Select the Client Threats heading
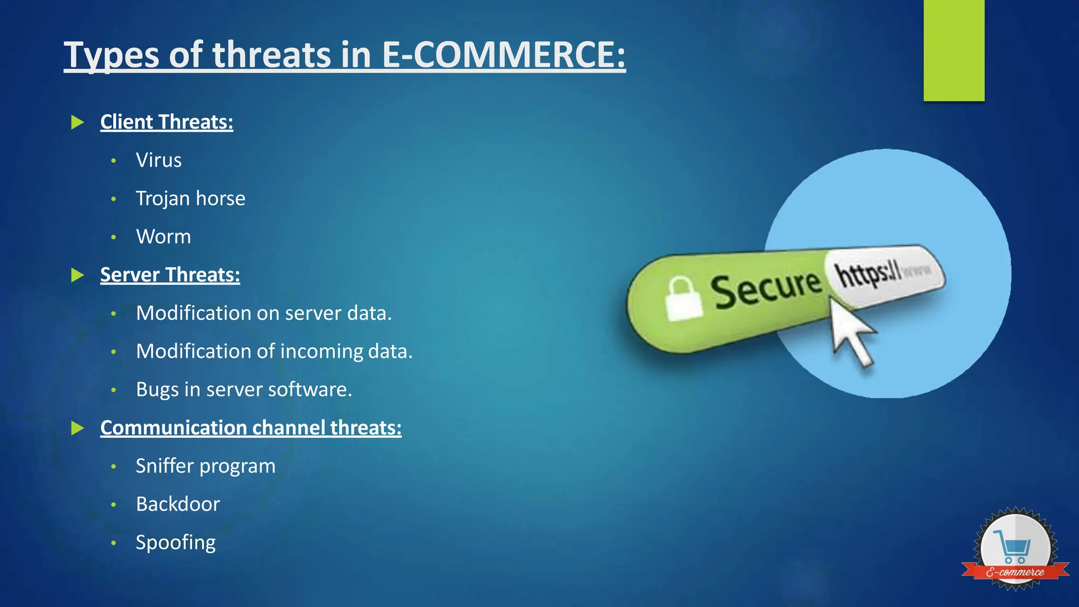tap(166, 122)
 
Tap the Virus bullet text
tap(159, 160)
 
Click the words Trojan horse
tap(190, 199)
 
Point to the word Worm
tap(163, 237)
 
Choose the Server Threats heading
tap(170, 275)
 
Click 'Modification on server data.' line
tap(263, 313)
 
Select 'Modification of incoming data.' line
tap(274, 351)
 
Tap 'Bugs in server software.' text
tap(243, 389)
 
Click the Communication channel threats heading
tap(251, 428)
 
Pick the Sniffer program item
tap(205, 466)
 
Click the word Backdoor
tap(178, 504)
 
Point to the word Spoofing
tap(175, 543)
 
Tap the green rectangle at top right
tap(954, 51)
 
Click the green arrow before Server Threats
tap(77, 275)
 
